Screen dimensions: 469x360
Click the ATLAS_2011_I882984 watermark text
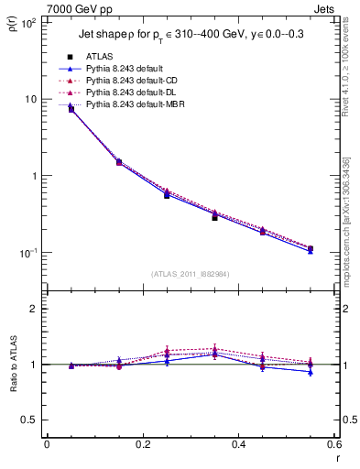pos(190,273)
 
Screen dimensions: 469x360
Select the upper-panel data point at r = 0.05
pos(71,109)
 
